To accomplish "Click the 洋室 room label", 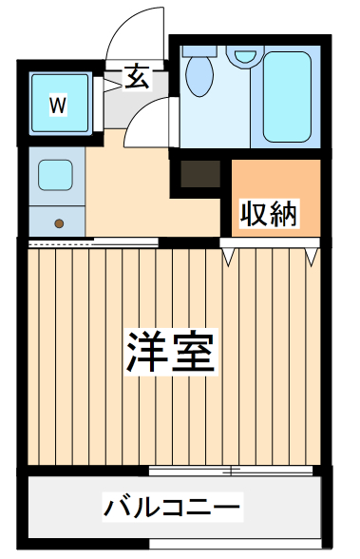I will [x=173, y=353].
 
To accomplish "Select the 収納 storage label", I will [x=269, y=215].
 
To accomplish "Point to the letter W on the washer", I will [x=58, y=106].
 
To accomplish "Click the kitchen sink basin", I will [x=56, y=176].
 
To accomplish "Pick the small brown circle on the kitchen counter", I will [x=59, y=223].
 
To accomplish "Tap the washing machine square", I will [x=59, y=104].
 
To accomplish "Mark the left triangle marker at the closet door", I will [x=228, y=256].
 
